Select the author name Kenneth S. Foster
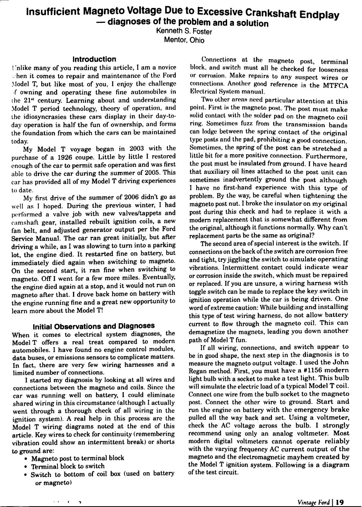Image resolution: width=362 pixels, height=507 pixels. (x=184, y=32)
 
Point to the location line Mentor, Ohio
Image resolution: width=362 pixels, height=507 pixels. (x=184, y=40)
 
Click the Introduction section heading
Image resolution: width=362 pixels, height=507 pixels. (x=94, y=59)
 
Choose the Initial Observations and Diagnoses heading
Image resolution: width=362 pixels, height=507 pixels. (x=94, y=326)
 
